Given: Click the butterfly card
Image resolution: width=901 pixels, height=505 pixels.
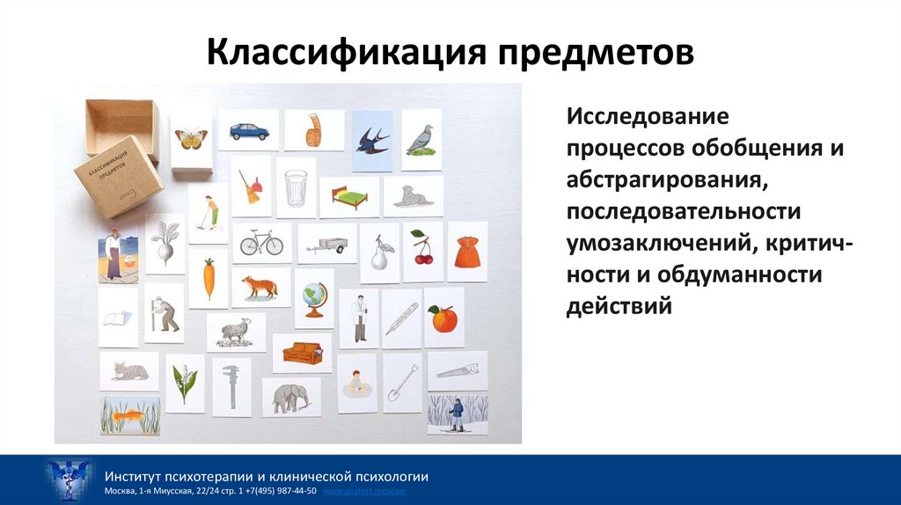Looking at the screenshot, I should pyautogui.click(x=191, y=137).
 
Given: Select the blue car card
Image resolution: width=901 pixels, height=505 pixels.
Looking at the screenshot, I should pyautogui.click(x=249, y=131).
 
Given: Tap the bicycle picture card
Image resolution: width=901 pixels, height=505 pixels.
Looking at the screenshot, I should pyautogui.click(x=261, y=242).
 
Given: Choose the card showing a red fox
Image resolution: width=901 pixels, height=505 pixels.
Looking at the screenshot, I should pyautogui.click(x=260, y=287).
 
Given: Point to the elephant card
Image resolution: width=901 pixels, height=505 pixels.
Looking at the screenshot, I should pyautogui.click(x=291, y=398).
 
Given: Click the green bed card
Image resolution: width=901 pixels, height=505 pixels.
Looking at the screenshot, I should pyautogui.click(x=349, y=196).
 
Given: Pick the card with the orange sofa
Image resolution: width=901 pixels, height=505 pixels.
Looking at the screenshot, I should pyautogui.click(x=302, y=353).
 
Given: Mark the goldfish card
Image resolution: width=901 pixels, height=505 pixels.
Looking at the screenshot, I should pyautogui.click(x=130, y=415).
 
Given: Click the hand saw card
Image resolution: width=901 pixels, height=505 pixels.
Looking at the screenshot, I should pyautogui.click(x=457, y=371).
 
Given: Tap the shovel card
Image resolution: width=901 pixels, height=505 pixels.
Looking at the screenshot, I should pyautogui.click(x=402, y=383).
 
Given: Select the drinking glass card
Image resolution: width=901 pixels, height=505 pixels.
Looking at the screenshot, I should pyautogui.click(x=296, y=187).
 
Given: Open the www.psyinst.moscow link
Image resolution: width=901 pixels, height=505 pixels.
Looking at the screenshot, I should pyautogui.click(x=365, y=491).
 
